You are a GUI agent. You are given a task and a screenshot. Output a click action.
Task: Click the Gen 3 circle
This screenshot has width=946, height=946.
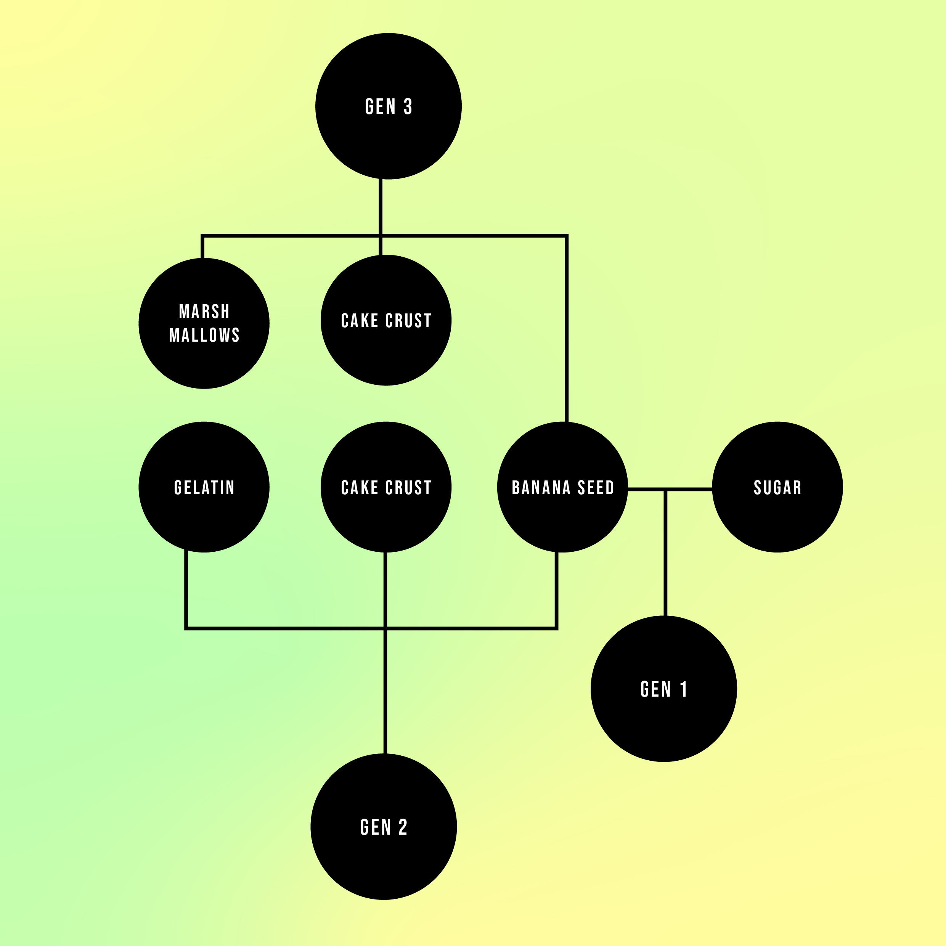point(388,106)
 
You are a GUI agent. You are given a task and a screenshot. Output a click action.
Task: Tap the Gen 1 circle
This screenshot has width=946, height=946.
point(663,689)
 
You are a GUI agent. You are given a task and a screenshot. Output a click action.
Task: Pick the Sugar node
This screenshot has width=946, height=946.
point(777,487)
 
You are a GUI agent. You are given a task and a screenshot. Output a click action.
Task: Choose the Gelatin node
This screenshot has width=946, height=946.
point(204,487)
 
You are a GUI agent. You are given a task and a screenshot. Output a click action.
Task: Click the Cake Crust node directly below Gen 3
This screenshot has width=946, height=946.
point(386,320)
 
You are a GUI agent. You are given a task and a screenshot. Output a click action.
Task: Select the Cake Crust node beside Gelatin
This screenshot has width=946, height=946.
point(386,487)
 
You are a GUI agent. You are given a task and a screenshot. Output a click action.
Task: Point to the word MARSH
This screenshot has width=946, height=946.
point(204,312)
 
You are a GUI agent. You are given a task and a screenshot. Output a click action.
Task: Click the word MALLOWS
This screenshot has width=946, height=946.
point(204,336)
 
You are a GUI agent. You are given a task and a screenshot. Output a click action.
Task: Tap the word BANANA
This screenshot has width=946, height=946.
point(541,488)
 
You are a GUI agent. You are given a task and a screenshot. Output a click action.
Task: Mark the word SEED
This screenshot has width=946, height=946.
point(596,488)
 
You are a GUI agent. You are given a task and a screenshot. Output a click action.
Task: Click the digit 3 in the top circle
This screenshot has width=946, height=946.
point(408,107)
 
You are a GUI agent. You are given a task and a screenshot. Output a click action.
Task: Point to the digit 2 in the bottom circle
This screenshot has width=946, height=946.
point(403,827)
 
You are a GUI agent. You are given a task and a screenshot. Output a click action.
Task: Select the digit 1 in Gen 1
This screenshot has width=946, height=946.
point(684,689)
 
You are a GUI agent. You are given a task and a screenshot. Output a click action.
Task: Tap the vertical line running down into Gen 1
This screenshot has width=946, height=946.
point(665,553)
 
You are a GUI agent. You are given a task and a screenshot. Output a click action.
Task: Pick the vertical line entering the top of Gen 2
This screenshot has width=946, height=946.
point(385,695)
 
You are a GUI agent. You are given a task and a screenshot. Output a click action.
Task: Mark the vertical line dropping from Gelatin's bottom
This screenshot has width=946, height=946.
point(186,588)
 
